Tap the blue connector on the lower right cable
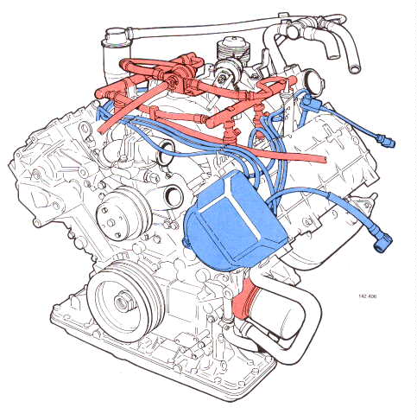point(380,243)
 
